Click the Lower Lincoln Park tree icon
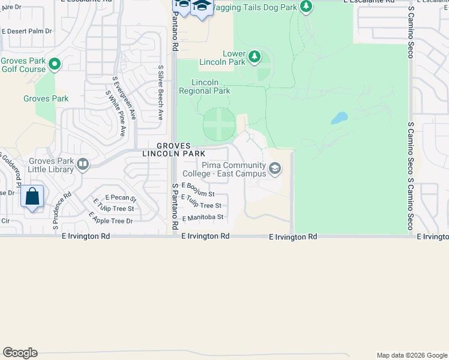click(x=255, y=56)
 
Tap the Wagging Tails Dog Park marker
click(x=307, y=7)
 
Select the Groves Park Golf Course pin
click(x=55, y=64)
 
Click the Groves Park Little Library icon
click(x=83, y=163)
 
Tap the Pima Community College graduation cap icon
click(x=276, y=169)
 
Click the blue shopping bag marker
click(x=32, y=196)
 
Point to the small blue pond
click(x=339, y=118)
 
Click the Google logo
click(x=20, y=353)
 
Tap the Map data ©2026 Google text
click(x=411, y=355)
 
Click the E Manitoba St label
click(x=203, y=217)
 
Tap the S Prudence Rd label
click(x=62, y=211)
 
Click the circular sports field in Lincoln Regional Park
click(x=219, y=124)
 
